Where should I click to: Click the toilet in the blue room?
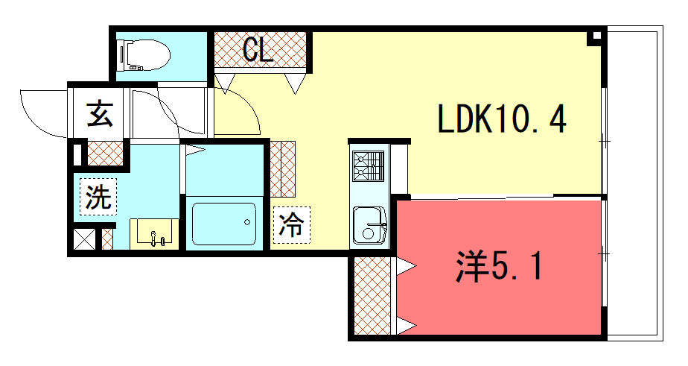[x=144, y=55]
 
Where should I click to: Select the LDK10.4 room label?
[x=502, y=119]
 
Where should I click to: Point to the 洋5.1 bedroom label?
[x=500, y=266]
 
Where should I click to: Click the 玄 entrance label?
[x=100, y=113]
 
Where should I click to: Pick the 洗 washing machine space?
[x=98, y=196]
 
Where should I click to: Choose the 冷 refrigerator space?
[x=292, y=225]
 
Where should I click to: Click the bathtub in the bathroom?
[x=224, y=224]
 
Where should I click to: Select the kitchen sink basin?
[x=369, y=225]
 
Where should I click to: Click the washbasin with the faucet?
[x=154, y=233]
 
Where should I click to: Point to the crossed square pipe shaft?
[x=84, y=239]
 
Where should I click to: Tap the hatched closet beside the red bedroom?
[x=372, y=295]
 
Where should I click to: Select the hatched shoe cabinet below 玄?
[x=105, y=153]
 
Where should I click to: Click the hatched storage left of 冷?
[x=283, y=168]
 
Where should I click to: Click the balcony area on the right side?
[x=634, y=183]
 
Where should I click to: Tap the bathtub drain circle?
[x=247, y=222]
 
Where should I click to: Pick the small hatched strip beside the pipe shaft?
[x=107, y=239]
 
